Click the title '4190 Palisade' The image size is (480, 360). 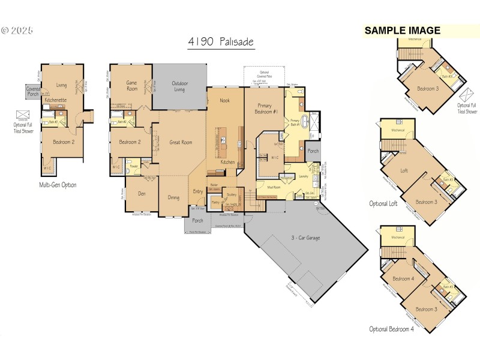click(221, 43)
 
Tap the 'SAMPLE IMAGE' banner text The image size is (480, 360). click(403, 31)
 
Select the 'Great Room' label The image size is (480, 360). click(181, 142)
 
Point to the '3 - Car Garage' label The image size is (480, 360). click(305, 238)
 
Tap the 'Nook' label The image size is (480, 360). click(225, 100)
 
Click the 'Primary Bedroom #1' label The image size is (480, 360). click(263, 103)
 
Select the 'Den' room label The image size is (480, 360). click(142, 193)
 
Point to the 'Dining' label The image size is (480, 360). click(173, 197)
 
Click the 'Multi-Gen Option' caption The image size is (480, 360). click(58, 185)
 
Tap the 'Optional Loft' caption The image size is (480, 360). click(383, 204)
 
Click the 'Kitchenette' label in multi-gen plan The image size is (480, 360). click(55, 100)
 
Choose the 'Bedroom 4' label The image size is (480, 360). click(403, 278)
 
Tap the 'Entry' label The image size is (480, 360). click(197, 191)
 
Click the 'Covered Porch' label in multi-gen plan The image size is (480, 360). click(33, 91)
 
